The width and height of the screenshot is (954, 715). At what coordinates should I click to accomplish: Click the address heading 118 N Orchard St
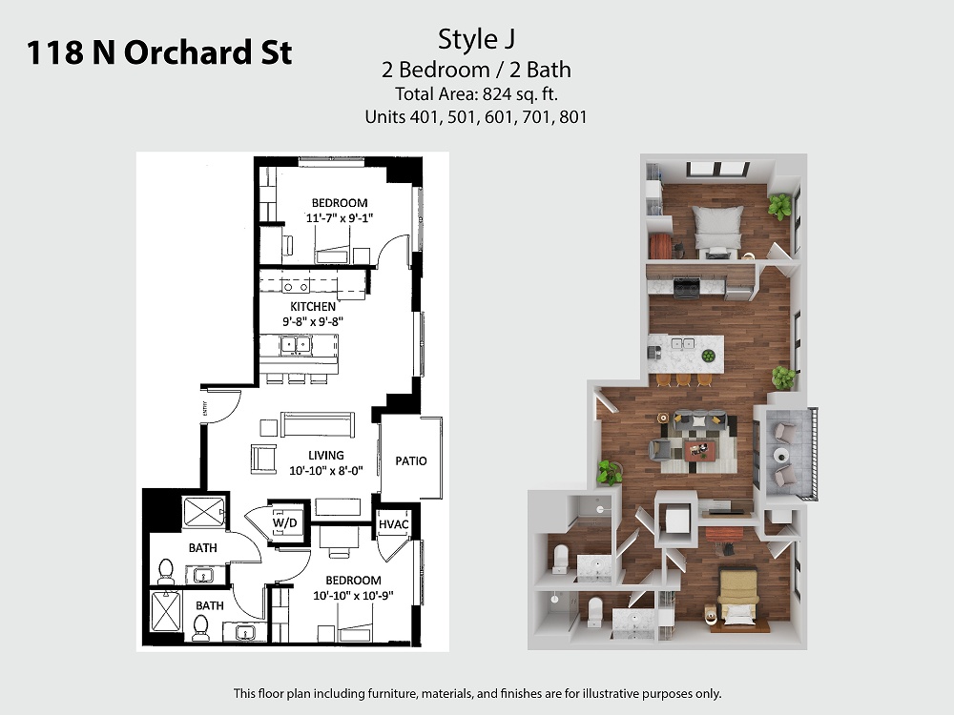pyautogui.click(x=159, y=52)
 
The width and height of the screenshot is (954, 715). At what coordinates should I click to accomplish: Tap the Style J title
pyautogui.click(x=476, y=39)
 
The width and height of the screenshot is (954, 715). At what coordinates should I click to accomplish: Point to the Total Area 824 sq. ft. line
pyautogui.click(x=476, y=94)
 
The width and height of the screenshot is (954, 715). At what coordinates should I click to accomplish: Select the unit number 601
pyautogui.click(x=499, y=116)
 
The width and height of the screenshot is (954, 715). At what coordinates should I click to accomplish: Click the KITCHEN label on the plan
pyautogui.click(x=313, y=306)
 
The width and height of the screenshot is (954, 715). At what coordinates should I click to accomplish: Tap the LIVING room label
pyautogui.click(x=325, y=455)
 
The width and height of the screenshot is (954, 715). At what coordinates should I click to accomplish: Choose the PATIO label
pyautogui.click(x=411, y=460)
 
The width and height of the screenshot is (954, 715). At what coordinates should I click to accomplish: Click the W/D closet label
pyautogui.click(x=284, y=522)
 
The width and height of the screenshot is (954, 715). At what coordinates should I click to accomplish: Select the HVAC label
pyautogui.click(x=394, y=524)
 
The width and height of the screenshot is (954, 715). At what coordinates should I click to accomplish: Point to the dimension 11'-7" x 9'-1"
pyautogui.click(x=339, y=217)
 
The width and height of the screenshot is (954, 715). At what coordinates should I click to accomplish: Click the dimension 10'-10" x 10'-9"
pyautogui.click(x=354, y=595)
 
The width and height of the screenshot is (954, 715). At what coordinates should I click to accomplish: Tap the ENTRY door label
pyautogui.click(x=206, y=409)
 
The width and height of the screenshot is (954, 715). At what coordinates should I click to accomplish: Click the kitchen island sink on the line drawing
pyautogui.click(x=296, y=345)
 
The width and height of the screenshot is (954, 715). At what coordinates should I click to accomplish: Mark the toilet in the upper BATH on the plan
pyautogui.click(x=165, y=571)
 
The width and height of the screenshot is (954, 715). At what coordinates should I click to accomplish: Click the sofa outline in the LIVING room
pyautogui.click(x=318, y=424)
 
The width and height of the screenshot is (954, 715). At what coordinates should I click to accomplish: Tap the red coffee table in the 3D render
pyautogui.click(x=699, y=451)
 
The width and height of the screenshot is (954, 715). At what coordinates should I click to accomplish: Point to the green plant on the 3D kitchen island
pyautogui.click(x=708, y=356)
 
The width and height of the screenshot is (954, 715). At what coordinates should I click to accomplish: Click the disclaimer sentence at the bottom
pyautogui.click(x=478, y=693)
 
